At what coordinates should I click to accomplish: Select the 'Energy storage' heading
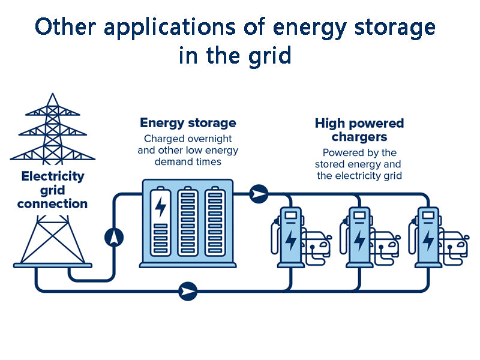click(x=188, y=123)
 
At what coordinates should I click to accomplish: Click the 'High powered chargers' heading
click(x=359, y=130)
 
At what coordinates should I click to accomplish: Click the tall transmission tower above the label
click(x=53, y=129)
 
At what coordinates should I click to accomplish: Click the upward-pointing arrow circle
click(x=114, y=238)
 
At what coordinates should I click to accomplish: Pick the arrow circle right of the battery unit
click(x=259, y=194)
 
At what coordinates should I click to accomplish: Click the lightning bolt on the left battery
click(x=161, y=207)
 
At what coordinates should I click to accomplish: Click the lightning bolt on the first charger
click(x=291, y=241)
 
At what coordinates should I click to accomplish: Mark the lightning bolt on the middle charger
click(x=359, y=241)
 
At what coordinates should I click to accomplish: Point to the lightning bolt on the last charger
click(x=428, y=241)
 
